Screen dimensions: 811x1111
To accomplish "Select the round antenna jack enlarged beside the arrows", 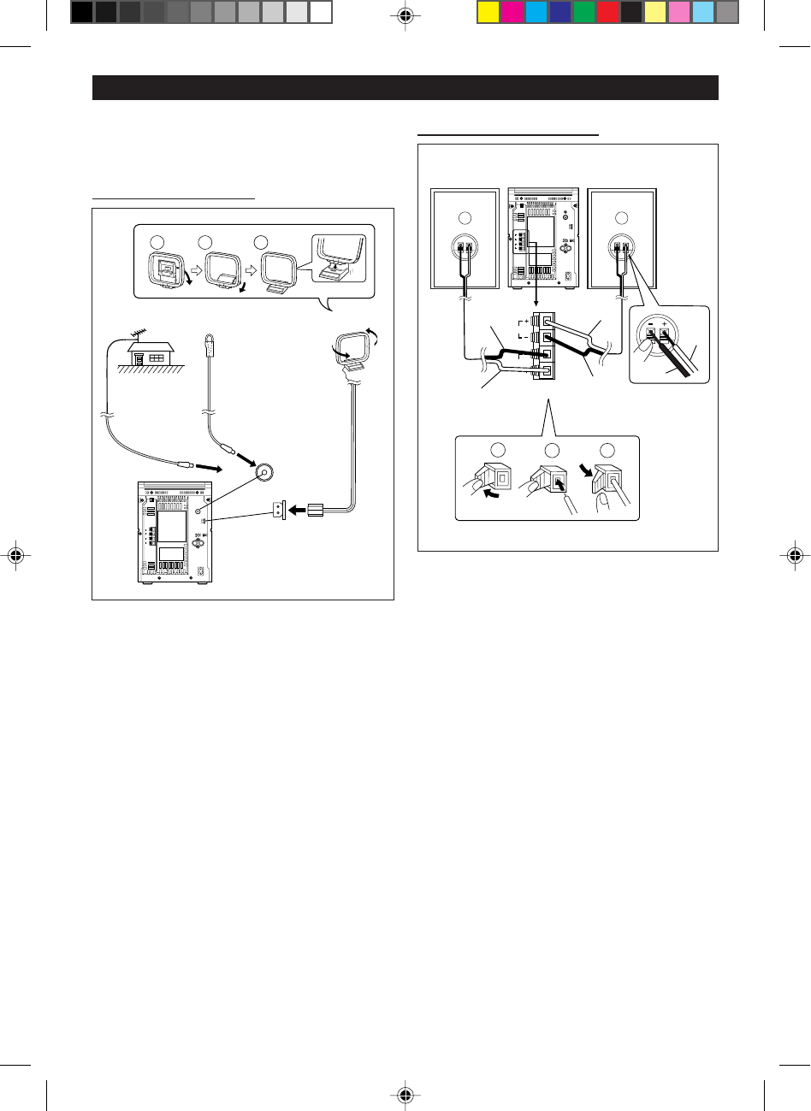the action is [263, 472].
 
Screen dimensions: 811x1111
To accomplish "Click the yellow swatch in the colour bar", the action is [488, 12].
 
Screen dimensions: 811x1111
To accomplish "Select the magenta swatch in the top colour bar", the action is [512, 12].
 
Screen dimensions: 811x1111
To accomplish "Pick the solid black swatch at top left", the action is [81, 12].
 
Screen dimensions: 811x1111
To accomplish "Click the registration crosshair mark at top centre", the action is [406, 15].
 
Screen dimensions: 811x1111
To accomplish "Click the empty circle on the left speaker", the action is [464, 216].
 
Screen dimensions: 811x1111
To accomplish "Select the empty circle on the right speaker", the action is [621, 216].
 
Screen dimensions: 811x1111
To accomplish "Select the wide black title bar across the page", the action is [405, 87].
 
